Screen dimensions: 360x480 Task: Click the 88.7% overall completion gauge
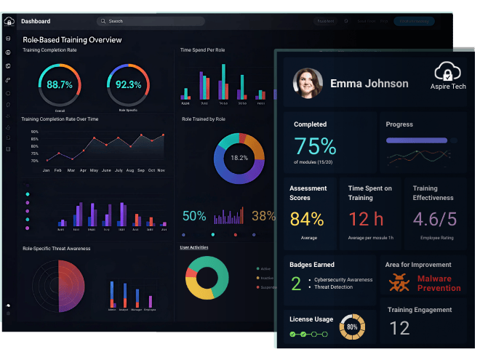click(x=60, y=84)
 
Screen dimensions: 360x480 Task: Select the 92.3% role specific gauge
click(x=128, y=84)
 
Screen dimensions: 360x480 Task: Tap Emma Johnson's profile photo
click(x=307, y=84)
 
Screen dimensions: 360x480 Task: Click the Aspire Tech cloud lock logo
click(x=449, y=72)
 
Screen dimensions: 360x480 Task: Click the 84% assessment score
click(x=307, y=218)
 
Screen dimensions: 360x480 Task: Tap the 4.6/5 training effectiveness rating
click(x=435, y=218)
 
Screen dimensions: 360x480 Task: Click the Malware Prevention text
click(x=439, y=283)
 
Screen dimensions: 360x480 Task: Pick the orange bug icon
click(x=399, y=282)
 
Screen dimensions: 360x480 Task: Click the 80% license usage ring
click(x=352, y=327)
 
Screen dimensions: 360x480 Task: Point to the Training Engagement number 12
click(x=399, y=328)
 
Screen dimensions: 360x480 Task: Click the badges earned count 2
click(x=296, y=283)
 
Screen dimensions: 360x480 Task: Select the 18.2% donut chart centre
click(x=239, y=157)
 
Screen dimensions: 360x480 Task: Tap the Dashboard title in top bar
click(x=36, y=21)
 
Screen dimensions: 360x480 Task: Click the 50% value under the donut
click(x=194, y=216)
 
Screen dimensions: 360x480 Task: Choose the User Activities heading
click(x=194, y=247)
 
